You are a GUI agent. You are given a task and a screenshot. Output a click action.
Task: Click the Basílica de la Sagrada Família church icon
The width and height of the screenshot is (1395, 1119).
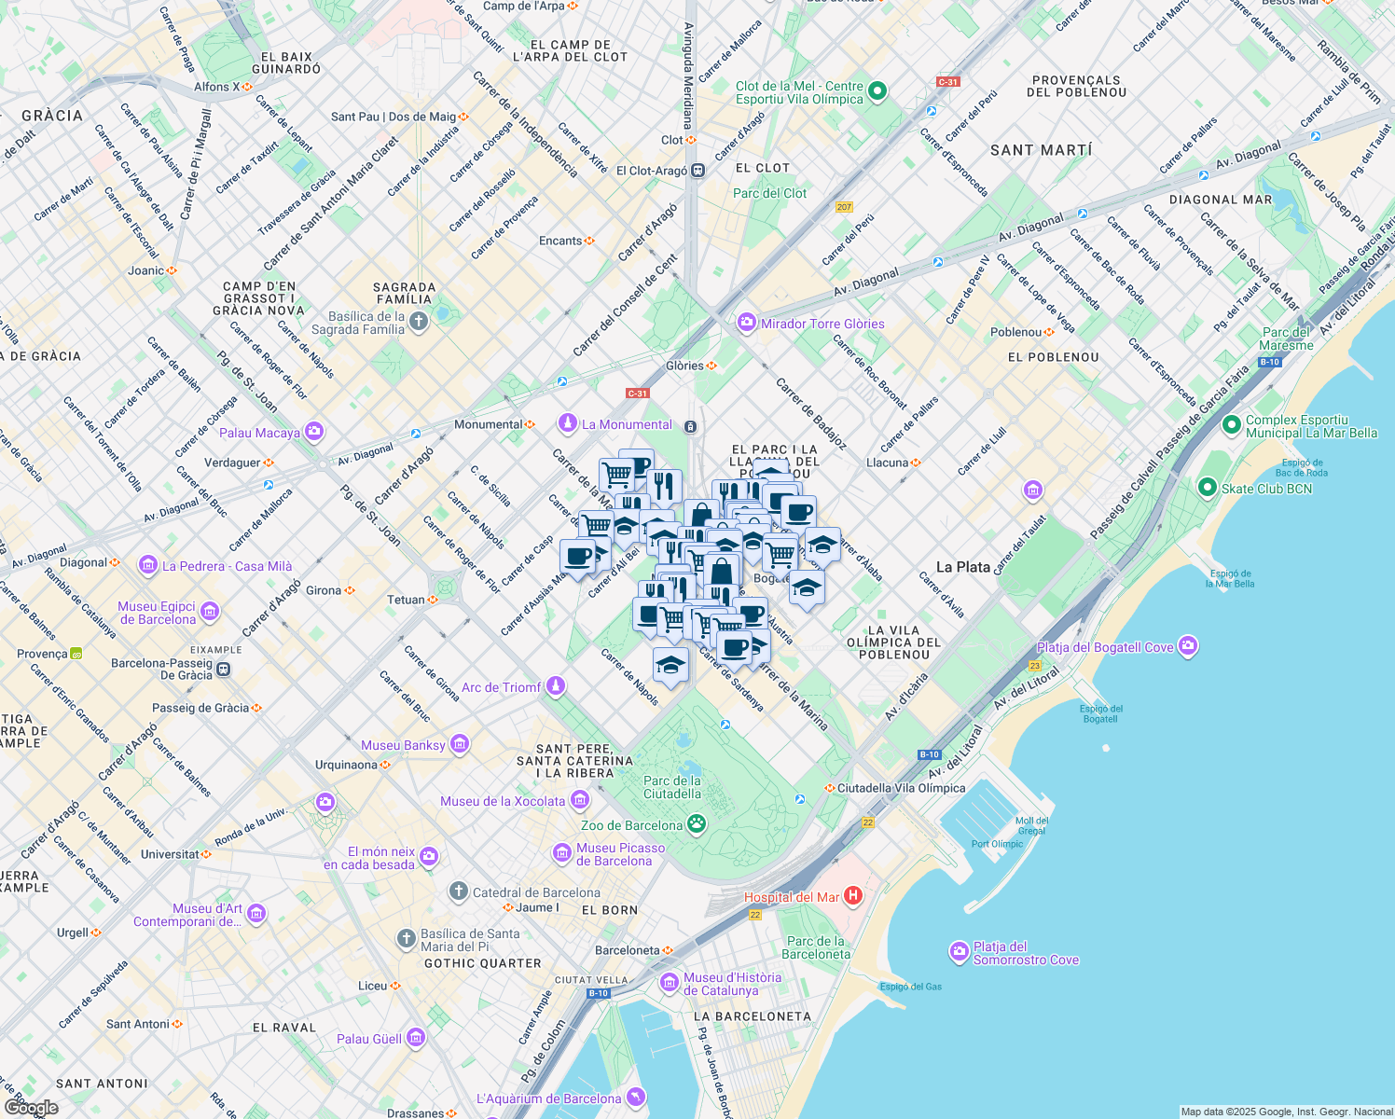(419, 323)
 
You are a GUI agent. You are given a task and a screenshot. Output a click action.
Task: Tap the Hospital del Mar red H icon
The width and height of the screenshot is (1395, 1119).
(852, 896)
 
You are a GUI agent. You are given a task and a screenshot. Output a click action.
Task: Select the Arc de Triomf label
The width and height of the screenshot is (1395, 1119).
(501, 687)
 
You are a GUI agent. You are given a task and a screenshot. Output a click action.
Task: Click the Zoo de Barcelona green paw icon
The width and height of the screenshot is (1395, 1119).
(697, 824)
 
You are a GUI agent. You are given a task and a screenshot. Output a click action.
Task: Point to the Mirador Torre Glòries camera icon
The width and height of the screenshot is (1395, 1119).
(746, 323)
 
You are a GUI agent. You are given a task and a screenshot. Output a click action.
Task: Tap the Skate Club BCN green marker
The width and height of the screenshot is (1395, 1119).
(1208, 488)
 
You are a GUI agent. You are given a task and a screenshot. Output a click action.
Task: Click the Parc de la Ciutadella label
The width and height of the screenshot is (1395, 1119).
(671, 787)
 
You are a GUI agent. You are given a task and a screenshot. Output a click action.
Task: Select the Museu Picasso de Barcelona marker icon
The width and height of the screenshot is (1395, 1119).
(561, 853)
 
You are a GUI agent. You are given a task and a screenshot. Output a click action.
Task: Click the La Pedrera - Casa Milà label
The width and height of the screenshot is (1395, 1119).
(227, 566)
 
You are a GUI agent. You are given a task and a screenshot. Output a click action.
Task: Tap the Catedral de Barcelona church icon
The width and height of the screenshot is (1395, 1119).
(458, 891)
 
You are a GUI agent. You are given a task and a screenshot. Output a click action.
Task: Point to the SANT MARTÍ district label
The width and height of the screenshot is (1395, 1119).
(1041, 150)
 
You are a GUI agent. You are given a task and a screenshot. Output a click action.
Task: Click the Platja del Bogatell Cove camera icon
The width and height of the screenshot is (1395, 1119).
(1187, 645)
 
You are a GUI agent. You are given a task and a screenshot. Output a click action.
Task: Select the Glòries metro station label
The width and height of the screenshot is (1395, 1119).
(684, 366)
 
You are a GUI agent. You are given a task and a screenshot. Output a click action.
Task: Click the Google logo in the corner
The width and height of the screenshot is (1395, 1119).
(31, 1107)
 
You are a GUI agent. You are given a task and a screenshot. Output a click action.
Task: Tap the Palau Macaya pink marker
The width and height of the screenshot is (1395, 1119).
(314, 432)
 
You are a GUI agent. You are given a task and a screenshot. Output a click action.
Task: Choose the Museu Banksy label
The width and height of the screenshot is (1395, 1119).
(403, 745)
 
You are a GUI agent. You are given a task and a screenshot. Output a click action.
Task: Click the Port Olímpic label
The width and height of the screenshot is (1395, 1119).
(997, 844)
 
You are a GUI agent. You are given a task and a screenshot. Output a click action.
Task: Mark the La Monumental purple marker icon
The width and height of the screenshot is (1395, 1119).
(567, 423)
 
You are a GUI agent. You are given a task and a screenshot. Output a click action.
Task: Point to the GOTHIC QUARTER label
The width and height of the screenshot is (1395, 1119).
(482, 963)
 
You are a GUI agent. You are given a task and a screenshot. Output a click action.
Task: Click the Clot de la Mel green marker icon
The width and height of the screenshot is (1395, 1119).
(877, 91)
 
